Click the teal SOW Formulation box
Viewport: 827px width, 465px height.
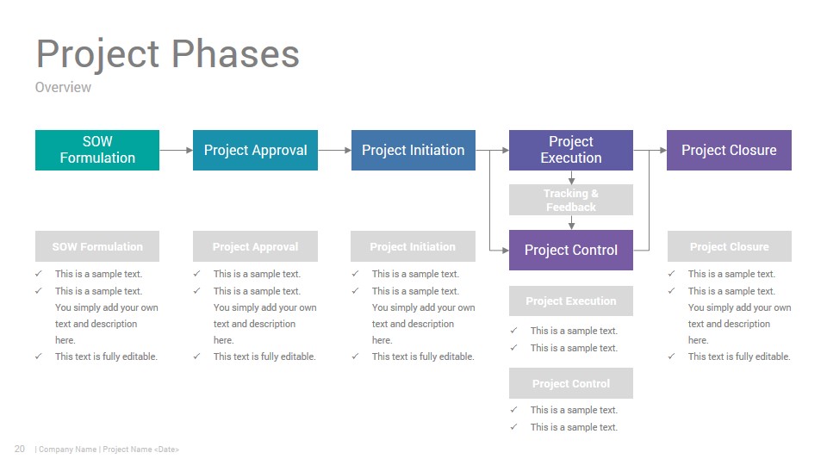(97, 150)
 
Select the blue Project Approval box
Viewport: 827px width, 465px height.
(255, 150)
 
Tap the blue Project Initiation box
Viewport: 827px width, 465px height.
(413, 150)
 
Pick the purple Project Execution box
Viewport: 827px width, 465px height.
(570, 150)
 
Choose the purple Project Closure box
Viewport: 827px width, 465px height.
(729, 150)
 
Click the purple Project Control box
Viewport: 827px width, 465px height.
(570, 250)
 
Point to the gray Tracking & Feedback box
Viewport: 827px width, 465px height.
(570, 200)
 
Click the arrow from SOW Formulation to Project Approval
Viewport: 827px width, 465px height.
(176, 150)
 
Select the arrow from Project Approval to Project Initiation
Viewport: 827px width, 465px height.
(334, 150)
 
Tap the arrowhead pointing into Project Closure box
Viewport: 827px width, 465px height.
(663, 150)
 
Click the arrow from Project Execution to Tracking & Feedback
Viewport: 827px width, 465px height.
(571, 177)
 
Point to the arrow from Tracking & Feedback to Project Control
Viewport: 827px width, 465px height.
(571, 222)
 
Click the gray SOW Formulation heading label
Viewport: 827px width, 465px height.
(97, 246)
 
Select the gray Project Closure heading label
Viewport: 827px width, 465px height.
(730, 246)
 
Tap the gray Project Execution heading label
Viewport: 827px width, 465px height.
(570, 301)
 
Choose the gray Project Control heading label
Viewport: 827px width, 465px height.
(570, 383)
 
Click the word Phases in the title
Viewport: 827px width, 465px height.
(235, 53)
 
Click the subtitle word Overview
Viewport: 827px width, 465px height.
(63, 87)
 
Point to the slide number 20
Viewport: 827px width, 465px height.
(20, 449)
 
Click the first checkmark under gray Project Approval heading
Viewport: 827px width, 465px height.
(196, 274)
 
